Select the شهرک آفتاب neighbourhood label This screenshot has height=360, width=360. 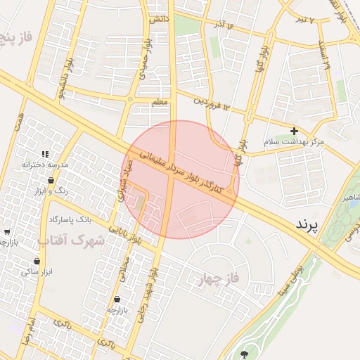click(x=70, y=241)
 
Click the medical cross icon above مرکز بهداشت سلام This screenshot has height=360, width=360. click(x=294, y=131)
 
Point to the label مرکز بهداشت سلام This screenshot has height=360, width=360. click(x=295, y=142)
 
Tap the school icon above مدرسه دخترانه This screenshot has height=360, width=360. click(x=46, y=154)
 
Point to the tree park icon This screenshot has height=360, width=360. click(x=245, y=354)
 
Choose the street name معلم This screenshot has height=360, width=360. click(x=160, y=103)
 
